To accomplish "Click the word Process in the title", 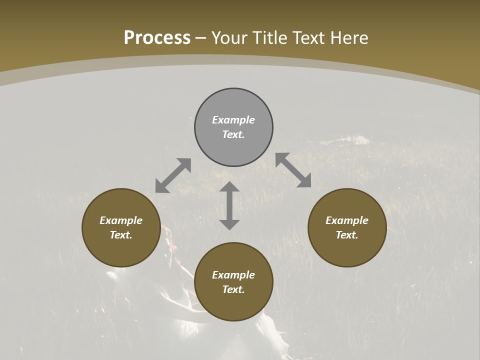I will [157, 38].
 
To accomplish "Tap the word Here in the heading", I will [348, 38].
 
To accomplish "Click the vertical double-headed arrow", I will [229, 205].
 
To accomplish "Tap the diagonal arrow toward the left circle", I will [173, 175].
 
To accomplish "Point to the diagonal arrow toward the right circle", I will [293, 170].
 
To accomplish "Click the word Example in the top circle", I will [233, 120].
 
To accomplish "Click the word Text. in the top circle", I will [233, 134].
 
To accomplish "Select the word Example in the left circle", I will [121, 220].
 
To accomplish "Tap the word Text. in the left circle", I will [121, 235].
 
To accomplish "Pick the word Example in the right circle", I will [347, 220].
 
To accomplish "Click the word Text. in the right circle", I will [347, 235].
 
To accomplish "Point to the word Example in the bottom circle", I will [233, 275].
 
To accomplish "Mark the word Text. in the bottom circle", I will [233, 289].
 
